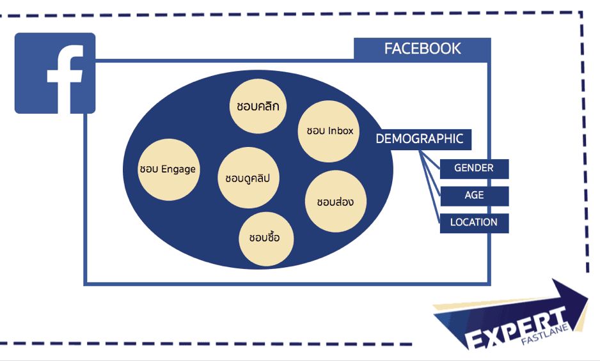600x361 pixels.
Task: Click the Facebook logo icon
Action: click(x=55, y=73)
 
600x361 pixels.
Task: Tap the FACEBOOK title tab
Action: click(x=422, y=49)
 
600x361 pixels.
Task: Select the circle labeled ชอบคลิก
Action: click(x=258, y=106)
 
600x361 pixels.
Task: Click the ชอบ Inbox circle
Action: click(x=328, y=131)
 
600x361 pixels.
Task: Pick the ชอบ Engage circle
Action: click(x=168, y=169)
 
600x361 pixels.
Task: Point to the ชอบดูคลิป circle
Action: click(x=248, y=178)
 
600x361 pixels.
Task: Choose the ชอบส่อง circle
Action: click(x=336, y=201)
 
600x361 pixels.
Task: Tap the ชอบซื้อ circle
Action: click(x=266, y=238)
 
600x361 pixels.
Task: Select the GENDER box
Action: click(x=474, y=169)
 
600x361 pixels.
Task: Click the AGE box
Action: click(x=474, y=196)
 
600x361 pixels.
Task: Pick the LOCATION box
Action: click(x=474, y=223)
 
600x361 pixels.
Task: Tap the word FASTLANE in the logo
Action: click(x=546, y=335)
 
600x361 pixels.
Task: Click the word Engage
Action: click(x=178, y=169)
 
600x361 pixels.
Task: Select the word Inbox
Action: click(x=340, y=131)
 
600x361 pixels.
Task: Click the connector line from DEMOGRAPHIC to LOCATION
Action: click(x=430, y=186)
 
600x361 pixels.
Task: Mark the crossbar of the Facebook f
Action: click(x=64, y=75)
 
